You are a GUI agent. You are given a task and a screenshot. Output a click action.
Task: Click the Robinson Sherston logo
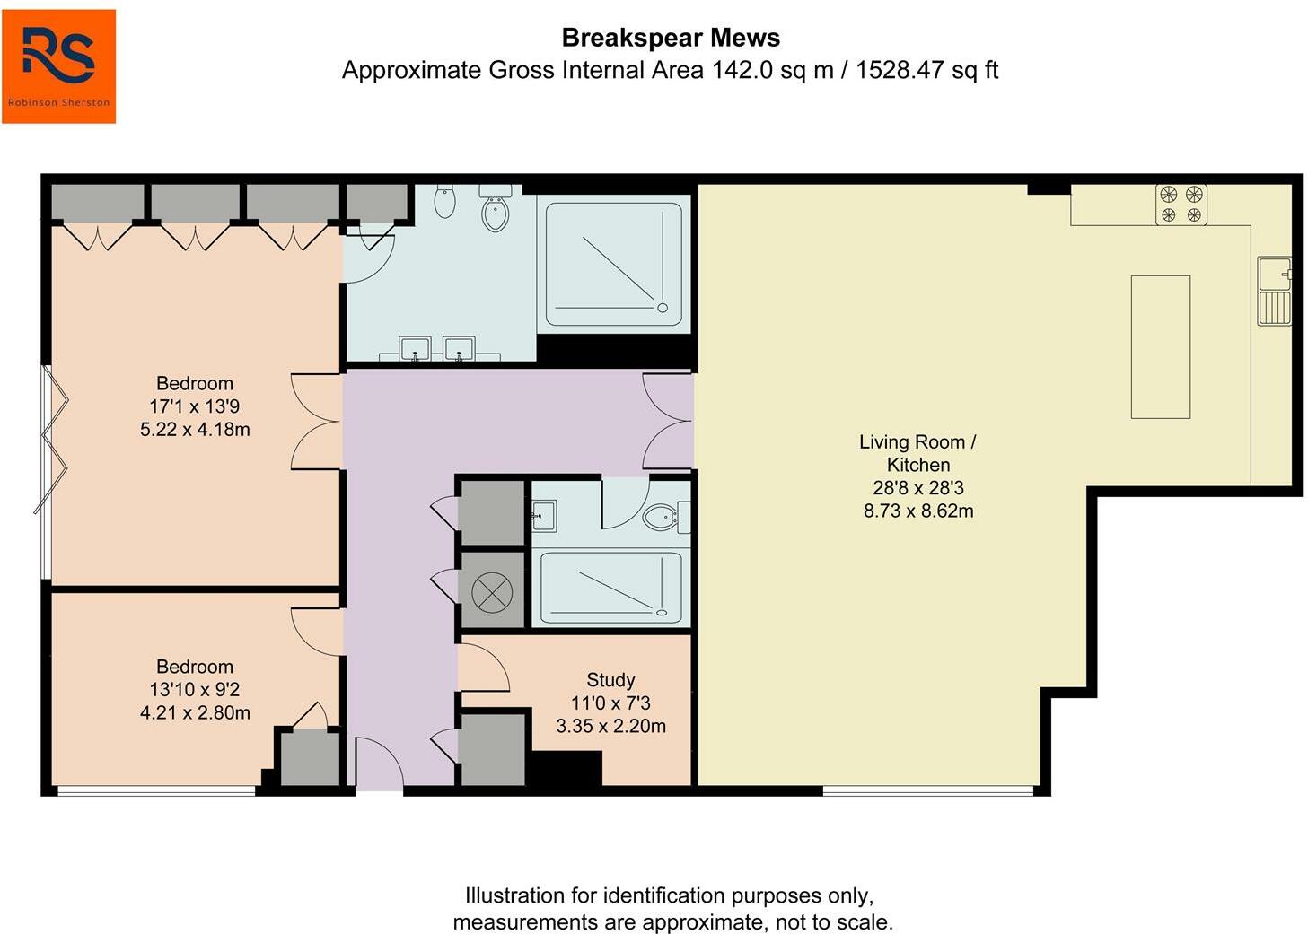point(58,66)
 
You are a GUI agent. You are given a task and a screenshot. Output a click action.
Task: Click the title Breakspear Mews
point(671,38)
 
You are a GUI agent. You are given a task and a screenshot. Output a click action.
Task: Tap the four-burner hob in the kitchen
point(1181,205)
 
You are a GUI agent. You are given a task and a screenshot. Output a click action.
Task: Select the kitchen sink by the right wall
point(1274,291)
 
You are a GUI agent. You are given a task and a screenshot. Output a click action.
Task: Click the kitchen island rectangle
point(1160,346)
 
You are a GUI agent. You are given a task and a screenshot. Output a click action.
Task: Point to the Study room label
point(610,680)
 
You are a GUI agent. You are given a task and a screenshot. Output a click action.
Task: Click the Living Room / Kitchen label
point(918,454)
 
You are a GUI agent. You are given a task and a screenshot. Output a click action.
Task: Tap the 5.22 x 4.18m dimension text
point(195,430)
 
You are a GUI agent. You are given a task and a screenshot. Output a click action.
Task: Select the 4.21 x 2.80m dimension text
point(195,712)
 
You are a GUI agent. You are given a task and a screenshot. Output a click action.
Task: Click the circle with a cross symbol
point(492,592)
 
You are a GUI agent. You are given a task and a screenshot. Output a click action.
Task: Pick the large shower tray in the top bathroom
point(614,265)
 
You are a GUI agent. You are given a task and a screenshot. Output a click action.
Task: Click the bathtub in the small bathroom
point(611,588)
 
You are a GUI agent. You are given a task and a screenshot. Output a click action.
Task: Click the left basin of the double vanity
point(415,349)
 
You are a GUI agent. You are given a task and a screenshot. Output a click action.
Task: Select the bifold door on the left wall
point(51,440)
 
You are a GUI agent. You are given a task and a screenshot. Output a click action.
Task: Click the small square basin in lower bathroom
point(544,516)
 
